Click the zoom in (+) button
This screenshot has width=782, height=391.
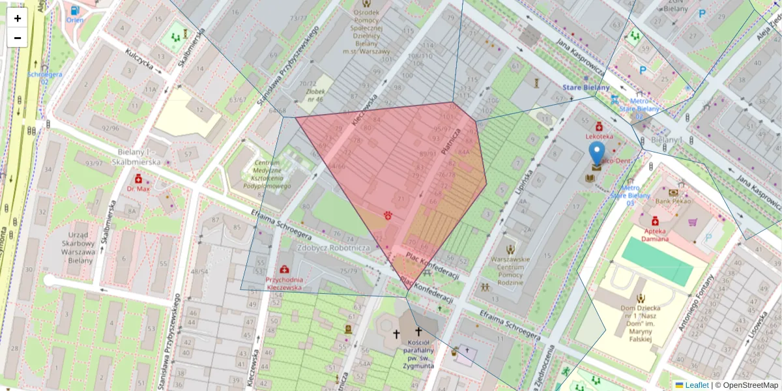[18, 18]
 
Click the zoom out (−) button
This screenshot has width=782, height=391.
[18, 38]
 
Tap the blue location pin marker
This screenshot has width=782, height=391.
[596, 155]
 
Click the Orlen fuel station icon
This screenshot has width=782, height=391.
[75, 10]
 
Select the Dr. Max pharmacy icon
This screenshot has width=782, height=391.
[138, 179]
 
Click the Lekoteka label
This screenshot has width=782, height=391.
[598, 136]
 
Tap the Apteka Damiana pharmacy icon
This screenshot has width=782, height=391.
[655, 221]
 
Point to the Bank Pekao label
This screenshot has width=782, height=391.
[673, 202]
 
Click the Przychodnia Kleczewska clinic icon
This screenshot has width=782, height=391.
[284, 269]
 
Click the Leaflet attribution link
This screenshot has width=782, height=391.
[696, 385]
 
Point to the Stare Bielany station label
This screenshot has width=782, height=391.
[586, 88]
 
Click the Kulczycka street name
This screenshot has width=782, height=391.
[139, 63]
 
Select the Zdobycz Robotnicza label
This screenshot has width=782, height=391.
[334, 248]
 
